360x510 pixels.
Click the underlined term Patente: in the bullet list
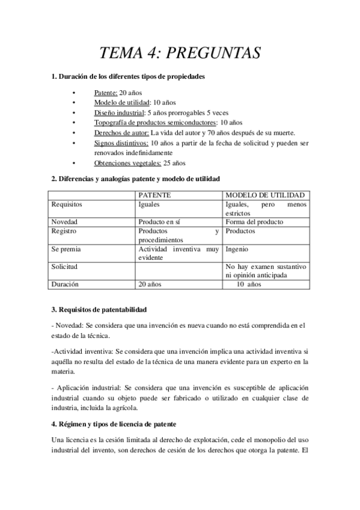(x=106, y=93)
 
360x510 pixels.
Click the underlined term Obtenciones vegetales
(x=127, y=162)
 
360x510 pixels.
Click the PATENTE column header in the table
(x=155, y=195)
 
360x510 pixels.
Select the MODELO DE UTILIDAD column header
(x=264, y=195)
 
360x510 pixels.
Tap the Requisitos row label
(x=67, y=204)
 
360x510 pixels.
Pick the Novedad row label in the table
(x=64, y=222)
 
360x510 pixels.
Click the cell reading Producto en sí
(x=159, y=222)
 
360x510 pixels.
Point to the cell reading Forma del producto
(x=254, y=222)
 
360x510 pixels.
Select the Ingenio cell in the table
(x=237, y=248)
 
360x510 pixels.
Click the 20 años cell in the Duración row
(x=150, y=284)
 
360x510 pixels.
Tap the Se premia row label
(x=66, y=248)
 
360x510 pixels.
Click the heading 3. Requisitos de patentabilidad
(x=99, y=309)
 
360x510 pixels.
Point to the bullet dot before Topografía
(x=73, y=123)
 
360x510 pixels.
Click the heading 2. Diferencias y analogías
(x=136, y=179)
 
